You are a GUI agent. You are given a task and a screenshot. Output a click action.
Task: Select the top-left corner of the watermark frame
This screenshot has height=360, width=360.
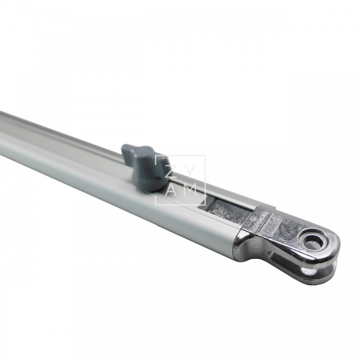click(156, 156)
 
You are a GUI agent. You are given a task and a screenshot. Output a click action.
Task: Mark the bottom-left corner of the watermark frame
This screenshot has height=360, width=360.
click(156, 205)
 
